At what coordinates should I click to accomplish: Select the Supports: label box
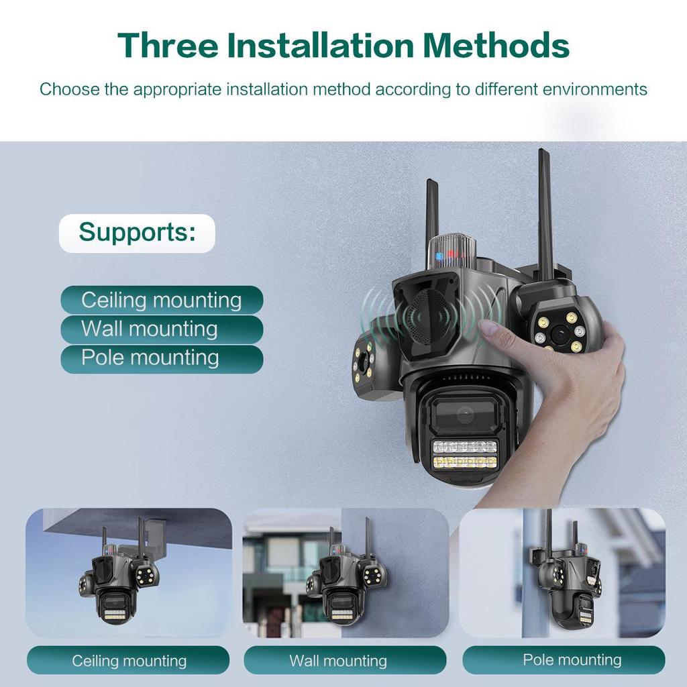(137, 233)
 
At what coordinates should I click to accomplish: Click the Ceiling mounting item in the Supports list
(162, 300)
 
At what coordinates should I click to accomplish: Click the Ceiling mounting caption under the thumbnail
(129, 661)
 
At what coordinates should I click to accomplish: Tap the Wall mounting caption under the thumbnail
(337, 661)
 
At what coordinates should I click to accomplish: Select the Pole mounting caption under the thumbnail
(572, 660)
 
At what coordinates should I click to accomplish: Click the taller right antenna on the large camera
(545, 208)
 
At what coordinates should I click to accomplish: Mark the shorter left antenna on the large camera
(432, 208)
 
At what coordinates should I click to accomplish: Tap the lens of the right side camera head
(558, 333)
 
